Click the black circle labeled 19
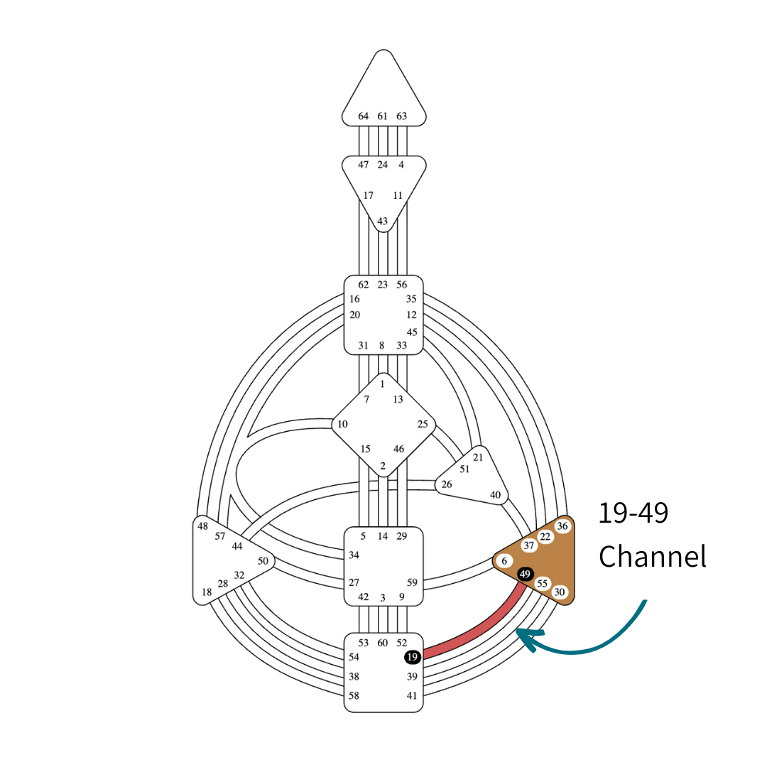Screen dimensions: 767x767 tap(413, 657)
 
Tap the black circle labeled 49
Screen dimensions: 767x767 tap(525, 574)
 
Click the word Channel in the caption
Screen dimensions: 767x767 tap(652, 556)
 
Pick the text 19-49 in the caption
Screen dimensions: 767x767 tap(633, 513)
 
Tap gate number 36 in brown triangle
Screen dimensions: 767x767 tap(562, 526)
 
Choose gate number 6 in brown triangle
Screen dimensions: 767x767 tap(504, 560)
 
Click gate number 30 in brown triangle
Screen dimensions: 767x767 tap(560, 592)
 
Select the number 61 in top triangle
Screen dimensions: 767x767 tap(383, 116)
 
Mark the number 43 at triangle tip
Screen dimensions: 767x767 tap(383, 222)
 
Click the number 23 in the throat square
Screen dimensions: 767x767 tap(383, 285)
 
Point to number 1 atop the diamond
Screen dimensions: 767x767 tap(382, 383)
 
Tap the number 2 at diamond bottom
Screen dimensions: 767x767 tap(383, 466)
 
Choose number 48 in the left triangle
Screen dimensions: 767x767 tap(203, 526)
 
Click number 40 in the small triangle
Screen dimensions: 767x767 tap(495, 495)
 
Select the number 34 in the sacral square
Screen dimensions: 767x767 tap(354, 555)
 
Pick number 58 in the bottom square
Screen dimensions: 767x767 tap(354, 696)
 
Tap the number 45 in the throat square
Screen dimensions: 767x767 tap(412, 332)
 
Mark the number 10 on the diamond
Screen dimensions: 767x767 tap(342, 425)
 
